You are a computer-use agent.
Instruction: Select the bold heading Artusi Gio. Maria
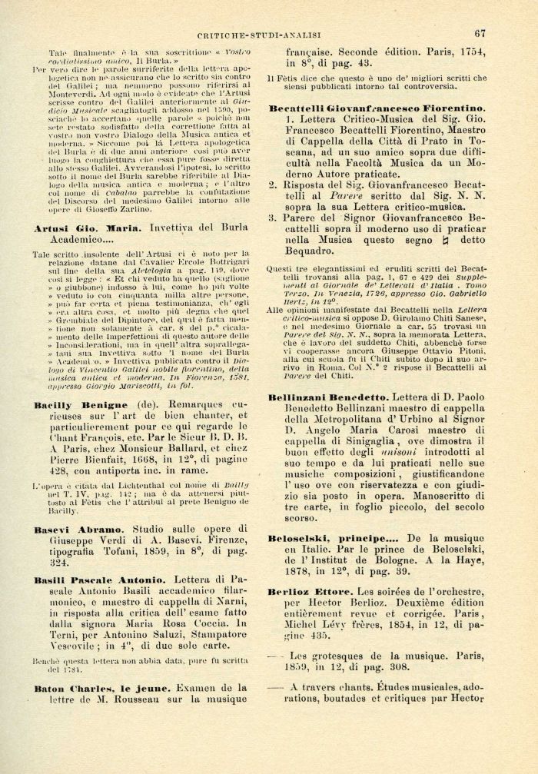[x=88, y=229]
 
